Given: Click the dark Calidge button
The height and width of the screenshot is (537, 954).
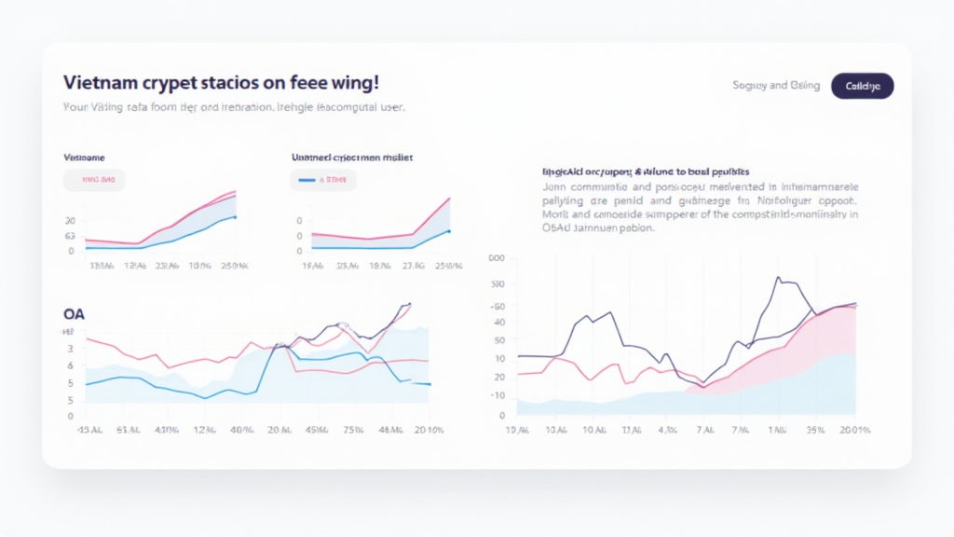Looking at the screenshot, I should pos(862,86).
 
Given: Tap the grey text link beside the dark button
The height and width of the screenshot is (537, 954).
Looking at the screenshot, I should pos(776,86).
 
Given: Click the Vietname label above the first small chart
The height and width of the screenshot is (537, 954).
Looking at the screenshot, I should pos(84,158).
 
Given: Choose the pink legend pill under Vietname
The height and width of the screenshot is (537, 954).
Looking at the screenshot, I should pos(94,180).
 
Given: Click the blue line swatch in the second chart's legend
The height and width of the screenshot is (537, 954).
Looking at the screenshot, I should pos(304,180).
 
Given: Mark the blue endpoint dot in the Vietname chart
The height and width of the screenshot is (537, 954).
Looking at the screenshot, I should pos(236,217).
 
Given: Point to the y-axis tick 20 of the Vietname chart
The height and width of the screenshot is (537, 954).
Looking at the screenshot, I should pos(70,221).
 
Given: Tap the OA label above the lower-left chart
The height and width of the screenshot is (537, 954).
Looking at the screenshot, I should pos(74,313).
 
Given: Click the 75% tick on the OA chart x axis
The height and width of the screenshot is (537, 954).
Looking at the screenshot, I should pos(353,430).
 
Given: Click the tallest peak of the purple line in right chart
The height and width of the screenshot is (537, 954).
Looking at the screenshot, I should pos(778,277).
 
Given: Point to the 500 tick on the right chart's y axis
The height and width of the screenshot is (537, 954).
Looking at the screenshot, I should pos(497,283).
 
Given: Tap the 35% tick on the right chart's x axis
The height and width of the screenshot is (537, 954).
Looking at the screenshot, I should pos(813,430).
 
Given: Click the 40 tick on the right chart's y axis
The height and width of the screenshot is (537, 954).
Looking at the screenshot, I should pos(499,323).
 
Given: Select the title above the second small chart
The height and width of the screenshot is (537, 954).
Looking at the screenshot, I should pos(352,158).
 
